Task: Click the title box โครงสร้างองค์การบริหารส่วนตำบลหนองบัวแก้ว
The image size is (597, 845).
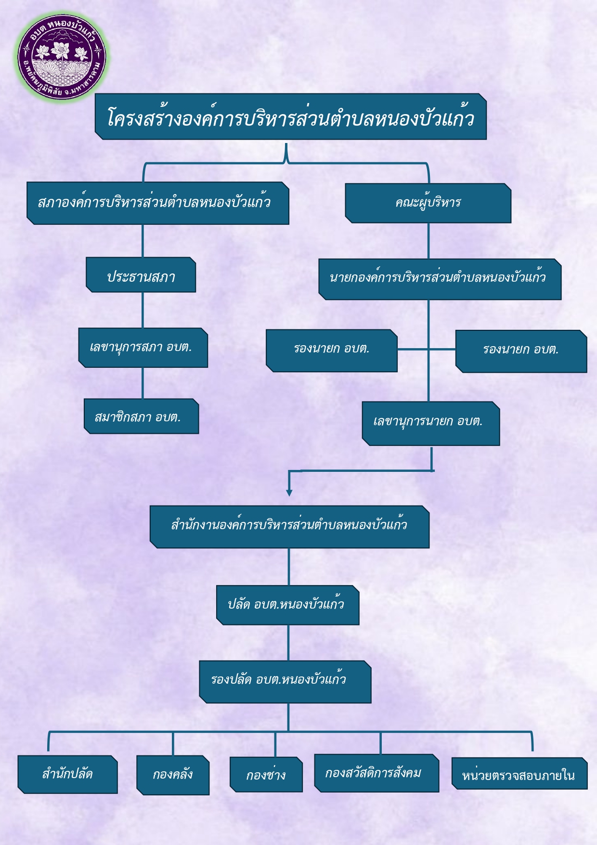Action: click(x=291, y=117)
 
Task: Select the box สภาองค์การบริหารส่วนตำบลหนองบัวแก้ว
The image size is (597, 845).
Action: click(x=158, y=203)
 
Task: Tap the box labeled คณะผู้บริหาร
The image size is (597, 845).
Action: click(x=428, y=203)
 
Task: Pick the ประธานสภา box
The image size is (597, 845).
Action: click(x=141, y=275)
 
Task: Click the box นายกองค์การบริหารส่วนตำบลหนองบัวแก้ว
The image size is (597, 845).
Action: click(x=440, y=279)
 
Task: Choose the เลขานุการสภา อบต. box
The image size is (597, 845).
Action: click(x=143, y=348)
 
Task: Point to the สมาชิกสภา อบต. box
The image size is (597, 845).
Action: click(x=141, y=416)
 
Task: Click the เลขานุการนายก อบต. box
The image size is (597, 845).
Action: click(x=430, y=423)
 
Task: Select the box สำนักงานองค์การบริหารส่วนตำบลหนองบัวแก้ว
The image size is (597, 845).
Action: click(x=289, y=527)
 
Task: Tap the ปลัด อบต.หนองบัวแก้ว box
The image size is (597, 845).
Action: click(x=287, y=605)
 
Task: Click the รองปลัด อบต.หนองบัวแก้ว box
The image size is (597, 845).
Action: click(x=285, y=681)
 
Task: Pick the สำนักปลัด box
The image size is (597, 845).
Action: click(x=67, y=774)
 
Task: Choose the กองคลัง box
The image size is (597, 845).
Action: click(x=173, y=775)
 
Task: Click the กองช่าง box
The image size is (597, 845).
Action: click(x=266, y=775)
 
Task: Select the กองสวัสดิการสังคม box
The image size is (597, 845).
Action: click(x=376, y=773)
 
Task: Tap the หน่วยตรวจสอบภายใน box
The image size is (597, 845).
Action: click(x=519, y=774)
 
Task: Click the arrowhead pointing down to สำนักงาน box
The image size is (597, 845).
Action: click(x=289, y=492)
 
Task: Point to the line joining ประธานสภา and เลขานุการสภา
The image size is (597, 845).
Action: click(x=143, y=310)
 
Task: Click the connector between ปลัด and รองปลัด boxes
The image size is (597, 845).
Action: click(x=288, y=643)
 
